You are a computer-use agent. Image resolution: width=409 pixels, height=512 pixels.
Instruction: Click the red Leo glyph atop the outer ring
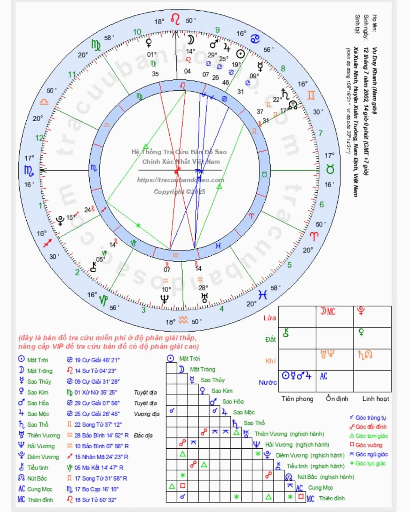(x=175, y=20)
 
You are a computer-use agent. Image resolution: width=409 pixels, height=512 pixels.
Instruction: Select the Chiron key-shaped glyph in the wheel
(x=93, y=267)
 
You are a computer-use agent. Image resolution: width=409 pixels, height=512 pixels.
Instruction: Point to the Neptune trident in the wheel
(x=164, y=299)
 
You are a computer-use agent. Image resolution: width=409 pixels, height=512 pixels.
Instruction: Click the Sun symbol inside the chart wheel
(x=240, y=54)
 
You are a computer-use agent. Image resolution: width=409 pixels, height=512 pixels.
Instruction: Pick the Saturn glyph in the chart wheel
(x=285, y=93)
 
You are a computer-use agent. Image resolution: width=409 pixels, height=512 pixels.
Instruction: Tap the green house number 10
(x=137, y=32)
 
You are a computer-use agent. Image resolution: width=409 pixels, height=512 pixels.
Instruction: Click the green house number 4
(x=222, y=309)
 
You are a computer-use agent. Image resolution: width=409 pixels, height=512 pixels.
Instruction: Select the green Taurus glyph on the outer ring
(x=330, y=169)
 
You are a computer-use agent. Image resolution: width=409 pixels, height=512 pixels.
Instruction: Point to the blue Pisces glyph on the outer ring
(x=263, y=294)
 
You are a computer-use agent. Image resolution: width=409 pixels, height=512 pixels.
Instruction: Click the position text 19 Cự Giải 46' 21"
(x=97, y=360)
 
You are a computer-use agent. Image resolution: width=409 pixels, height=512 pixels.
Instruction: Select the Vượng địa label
(x=146, y=414)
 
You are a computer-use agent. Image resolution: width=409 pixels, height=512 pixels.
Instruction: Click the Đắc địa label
(x=143, y=435)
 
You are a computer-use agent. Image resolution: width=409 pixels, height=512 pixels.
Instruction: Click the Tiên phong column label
(x=297, y=399)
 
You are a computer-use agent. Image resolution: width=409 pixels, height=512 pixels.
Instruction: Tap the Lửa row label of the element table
(x=269, y=318)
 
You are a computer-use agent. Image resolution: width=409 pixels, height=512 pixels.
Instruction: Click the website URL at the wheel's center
(x=180, y=180)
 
